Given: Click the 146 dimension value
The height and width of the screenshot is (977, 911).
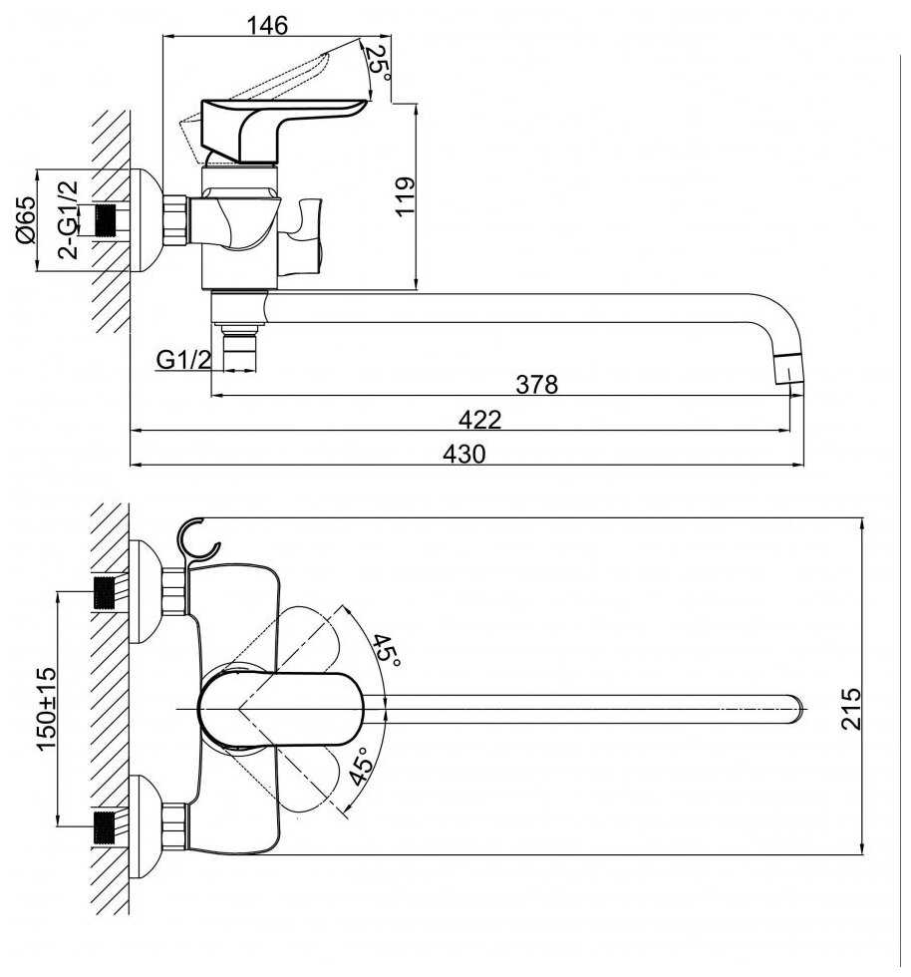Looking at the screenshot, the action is pos(268,26).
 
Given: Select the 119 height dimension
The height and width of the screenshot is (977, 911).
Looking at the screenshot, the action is pos(405,196).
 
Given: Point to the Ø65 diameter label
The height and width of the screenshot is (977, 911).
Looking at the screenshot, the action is pos(26,220).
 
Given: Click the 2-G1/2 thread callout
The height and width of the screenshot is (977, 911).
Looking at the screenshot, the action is pos(68,219).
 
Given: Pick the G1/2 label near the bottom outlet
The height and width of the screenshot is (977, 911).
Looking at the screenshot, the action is pos(183,360).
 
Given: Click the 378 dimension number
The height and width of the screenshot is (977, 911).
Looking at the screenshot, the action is pos(536,385).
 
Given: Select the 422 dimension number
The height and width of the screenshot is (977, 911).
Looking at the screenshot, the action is pos(479,420).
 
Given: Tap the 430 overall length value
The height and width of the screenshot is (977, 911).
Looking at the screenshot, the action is pos(464,454).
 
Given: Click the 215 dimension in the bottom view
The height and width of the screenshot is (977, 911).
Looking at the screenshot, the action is pos(850,708).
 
